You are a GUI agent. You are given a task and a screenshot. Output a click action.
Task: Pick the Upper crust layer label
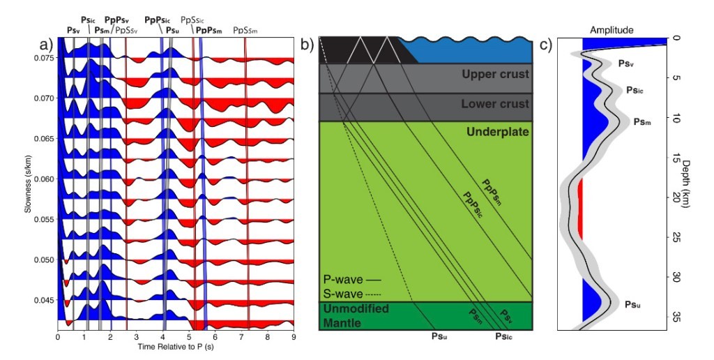coord(495,74)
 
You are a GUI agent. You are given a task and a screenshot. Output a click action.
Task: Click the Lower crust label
coord(495,104)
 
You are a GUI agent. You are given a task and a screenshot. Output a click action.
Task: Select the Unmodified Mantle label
coord(356,315)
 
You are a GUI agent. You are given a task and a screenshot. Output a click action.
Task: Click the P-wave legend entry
coord(351,278)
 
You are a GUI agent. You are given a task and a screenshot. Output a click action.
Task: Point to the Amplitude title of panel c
coord(611,30)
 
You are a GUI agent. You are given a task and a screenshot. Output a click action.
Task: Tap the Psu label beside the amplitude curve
coord(633,305)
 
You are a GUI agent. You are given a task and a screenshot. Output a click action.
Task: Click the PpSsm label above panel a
coord(245,30)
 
